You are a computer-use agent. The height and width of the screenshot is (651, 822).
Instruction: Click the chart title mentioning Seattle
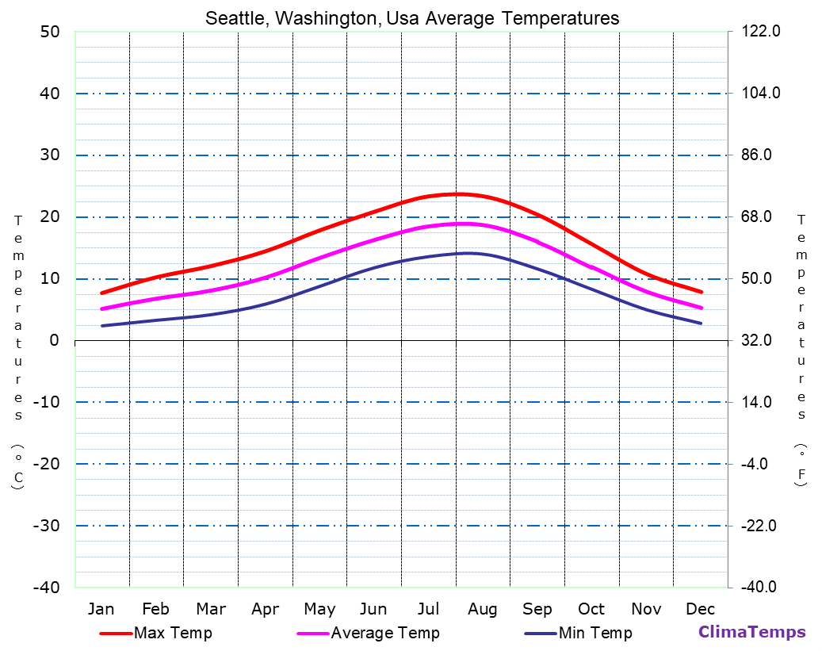pos(412,17)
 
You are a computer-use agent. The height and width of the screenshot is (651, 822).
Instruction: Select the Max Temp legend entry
pos(172,633)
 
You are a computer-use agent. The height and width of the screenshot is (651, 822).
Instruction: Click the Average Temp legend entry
pos(384,633)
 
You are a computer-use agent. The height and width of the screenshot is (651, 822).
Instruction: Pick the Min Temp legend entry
pos(595,633)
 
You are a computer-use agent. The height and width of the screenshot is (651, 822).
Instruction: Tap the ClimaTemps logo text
pos(751,632)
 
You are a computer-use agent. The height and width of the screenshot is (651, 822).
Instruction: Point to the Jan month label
pos(101,609)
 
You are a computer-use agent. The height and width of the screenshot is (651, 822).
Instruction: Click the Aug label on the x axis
pos(482,609)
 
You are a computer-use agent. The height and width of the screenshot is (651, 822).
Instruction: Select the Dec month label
pos(700,609)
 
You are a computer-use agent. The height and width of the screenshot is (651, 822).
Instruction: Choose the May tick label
pos(319,609)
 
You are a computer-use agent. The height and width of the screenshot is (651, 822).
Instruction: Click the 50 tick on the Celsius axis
pos(49,32)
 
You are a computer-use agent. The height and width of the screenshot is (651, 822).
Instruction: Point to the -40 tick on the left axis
pos(44,588)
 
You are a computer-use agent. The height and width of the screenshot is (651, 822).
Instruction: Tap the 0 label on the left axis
pos(54,340)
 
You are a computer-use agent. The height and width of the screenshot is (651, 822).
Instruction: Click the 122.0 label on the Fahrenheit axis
pos(761,32)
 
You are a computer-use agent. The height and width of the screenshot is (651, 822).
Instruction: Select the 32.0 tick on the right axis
pos(761,340)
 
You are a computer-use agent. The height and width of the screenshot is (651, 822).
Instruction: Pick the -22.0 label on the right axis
pos(761,526)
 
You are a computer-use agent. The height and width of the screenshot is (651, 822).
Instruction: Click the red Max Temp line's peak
pos(458,193)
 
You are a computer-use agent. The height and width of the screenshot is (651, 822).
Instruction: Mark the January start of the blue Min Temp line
pos(101,326)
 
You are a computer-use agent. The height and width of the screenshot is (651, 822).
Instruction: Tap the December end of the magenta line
pos(702,308)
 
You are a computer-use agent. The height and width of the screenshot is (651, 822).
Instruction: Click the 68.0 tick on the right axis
pos(761,216)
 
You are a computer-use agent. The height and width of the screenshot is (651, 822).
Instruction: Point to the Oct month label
pos(591,609)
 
